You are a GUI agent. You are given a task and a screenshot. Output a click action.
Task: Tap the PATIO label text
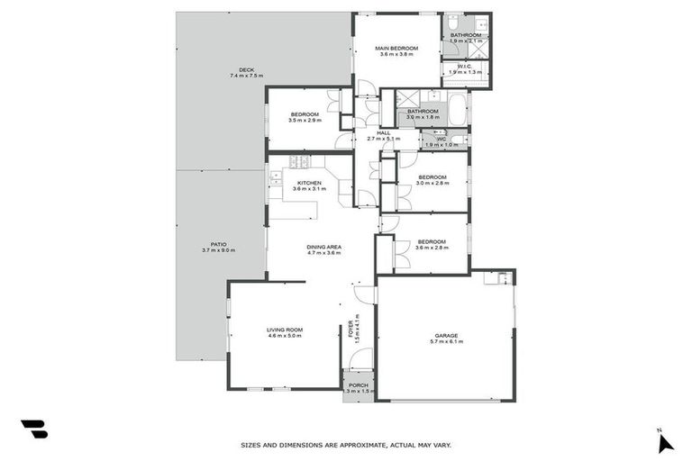pyautogui.click(x=218, y=243)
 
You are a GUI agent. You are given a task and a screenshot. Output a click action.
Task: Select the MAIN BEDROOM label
pyautogui.click(x=397, y=48)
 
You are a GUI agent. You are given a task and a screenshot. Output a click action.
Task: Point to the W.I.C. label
pyautogui.click(x=466, y=66)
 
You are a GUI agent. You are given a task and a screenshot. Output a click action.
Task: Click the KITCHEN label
pyautogui.click(x=309, y=183)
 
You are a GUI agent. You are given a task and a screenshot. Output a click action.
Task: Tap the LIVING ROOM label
pyautogui.click(x=284, y=330)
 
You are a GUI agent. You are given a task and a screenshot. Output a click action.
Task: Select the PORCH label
pyautogui.click(x=359, y=384)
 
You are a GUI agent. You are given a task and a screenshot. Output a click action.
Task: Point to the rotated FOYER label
pyautogui.click(x=351, y=330)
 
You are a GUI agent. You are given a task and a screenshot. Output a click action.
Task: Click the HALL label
pyautogui.click(x=384, y=132)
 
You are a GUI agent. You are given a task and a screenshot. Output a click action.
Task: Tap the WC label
pyautogui.click(x=442, y=139)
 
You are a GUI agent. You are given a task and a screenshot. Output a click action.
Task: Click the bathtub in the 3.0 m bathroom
pyautogui.click(x=457, y=111)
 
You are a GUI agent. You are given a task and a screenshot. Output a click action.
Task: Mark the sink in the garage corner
pyautogui.click(x=491, y=278)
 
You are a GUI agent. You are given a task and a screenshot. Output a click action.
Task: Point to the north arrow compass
pyautogui.click(x=665, y=440)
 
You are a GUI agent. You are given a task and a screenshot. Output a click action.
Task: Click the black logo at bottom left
pyautogui.click(x=33, y=429)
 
